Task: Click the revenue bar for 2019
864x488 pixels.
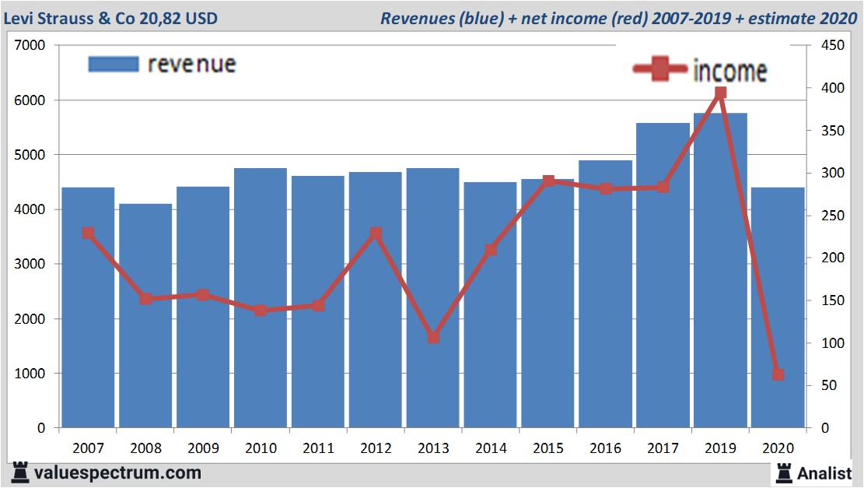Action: point(720,272)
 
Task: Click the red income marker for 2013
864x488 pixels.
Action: point(433,338)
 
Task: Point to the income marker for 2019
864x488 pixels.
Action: point(720,93)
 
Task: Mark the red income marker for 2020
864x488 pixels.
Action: point(778,374)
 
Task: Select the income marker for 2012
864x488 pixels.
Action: point(376,233)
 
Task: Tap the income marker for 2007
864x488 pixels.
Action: point(88,233)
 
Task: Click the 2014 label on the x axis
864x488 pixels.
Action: point(491,448)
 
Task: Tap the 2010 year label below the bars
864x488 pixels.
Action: point(261,448)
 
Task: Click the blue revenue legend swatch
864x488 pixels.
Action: point(114,64)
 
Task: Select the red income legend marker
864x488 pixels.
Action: point(660,70)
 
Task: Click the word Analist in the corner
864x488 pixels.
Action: point(824,472)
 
